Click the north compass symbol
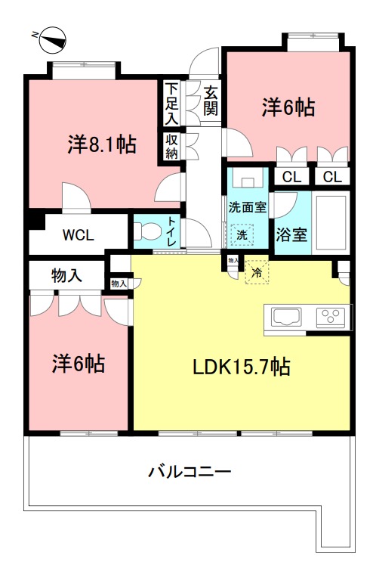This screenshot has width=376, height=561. coord(52,35)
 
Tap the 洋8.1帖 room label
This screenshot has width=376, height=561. coord(102,144)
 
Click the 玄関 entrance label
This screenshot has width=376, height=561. coord(210,100)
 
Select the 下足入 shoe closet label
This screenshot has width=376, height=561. coord(171,103)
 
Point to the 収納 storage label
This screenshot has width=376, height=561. coord(171,147)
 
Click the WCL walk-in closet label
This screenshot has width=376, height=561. coord(78,235)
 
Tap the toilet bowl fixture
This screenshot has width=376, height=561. coord(146,232)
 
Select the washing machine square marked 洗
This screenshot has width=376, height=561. coord(242,235)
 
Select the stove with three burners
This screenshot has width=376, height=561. coord(331,318)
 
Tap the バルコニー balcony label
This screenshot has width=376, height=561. coord(190,473)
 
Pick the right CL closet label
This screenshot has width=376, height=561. coord(333,177)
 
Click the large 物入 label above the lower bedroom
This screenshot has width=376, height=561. coord(66,275)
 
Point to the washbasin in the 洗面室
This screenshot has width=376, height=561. coord(245,179)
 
